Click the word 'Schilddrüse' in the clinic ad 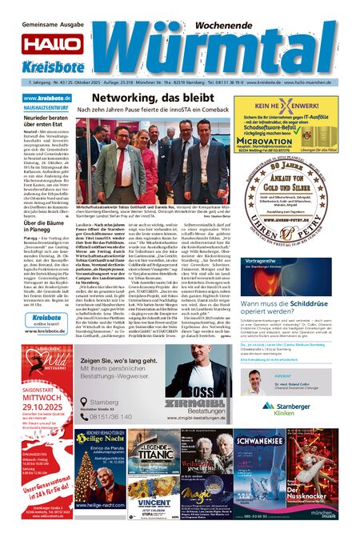(x=310, y=304)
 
